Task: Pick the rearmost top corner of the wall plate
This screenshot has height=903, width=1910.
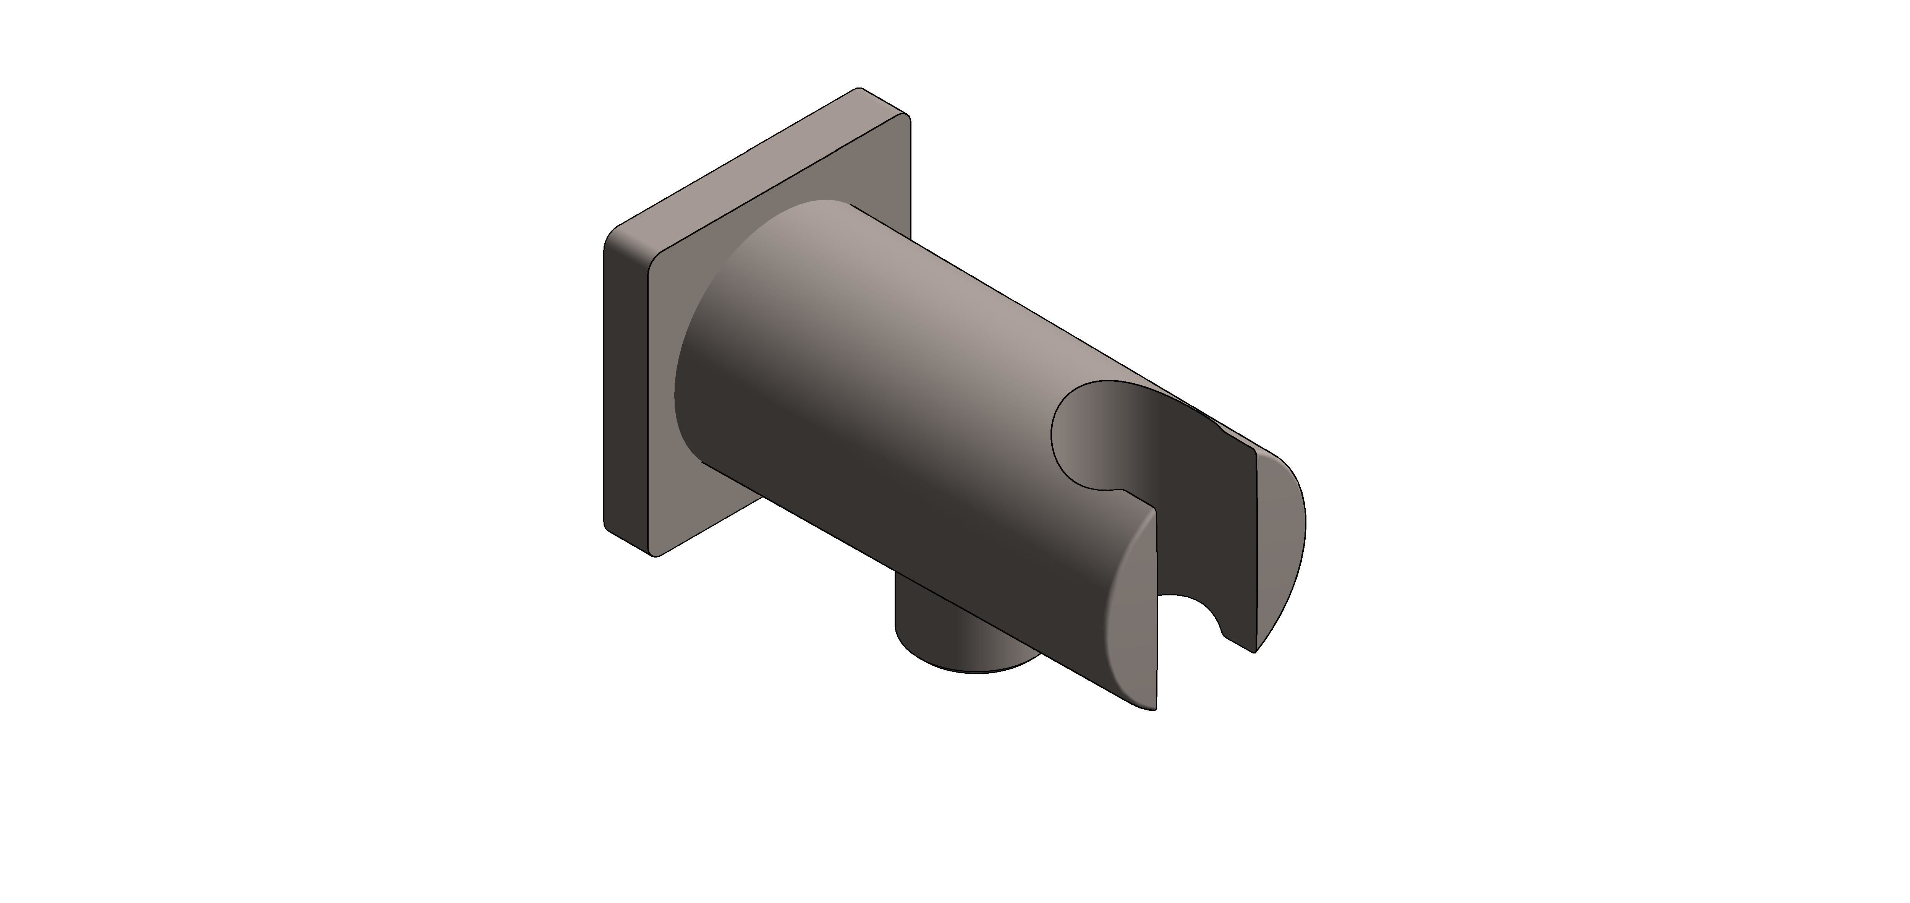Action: (x=860, y=89)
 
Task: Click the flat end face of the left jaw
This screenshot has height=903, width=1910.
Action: (x=1131, y=631)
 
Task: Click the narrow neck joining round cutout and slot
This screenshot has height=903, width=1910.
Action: (x=1135, y=493)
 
